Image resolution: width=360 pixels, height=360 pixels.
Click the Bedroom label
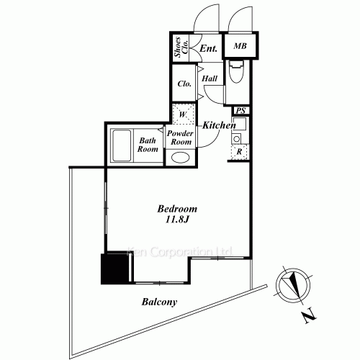177,209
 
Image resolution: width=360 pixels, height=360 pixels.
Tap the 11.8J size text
178,220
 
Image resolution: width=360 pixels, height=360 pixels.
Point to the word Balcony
159,302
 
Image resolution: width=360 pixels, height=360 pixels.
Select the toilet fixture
236,71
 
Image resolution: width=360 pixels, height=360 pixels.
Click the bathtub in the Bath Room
122,145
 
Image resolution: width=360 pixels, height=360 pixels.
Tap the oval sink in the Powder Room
181,158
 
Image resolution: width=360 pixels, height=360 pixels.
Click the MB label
240,45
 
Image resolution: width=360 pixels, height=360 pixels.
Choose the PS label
240,111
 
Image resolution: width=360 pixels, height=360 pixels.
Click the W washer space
183,114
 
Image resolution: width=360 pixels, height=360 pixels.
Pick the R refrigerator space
239,152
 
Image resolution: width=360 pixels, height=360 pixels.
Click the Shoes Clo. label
181,47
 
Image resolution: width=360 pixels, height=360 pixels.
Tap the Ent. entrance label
209,48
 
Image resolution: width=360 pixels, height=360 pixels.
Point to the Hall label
210,78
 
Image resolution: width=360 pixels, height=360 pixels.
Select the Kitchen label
219,125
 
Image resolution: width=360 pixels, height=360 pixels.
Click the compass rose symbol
293,284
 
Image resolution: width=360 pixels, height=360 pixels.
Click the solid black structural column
114,268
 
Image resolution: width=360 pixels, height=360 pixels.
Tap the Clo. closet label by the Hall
184,84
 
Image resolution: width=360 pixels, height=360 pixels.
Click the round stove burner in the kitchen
237,139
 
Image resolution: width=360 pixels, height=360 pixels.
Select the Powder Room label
181,138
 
